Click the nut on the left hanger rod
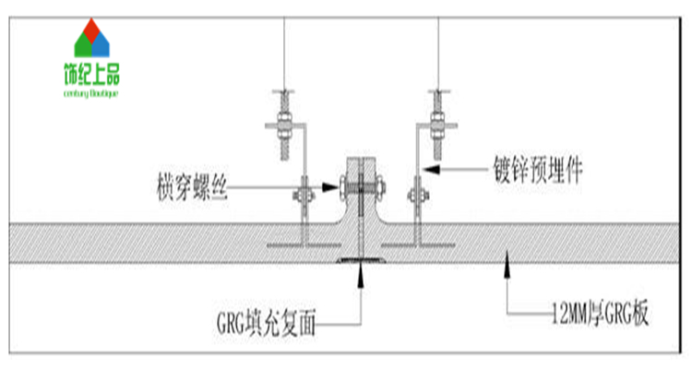[283, 121]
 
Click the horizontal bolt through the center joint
[360, 190]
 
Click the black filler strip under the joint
[360, 261]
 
